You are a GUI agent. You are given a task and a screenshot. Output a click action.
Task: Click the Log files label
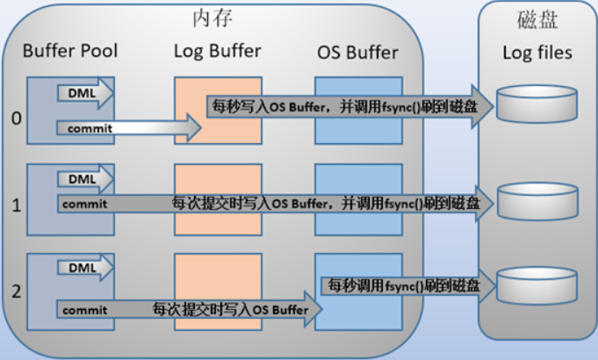point(537,53)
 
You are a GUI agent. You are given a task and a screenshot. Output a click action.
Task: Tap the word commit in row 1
point(85,204)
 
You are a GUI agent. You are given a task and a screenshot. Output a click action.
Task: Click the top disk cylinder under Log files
point(537,104)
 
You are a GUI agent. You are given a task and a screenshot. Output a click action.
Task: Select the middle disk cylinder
point(537,199)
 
